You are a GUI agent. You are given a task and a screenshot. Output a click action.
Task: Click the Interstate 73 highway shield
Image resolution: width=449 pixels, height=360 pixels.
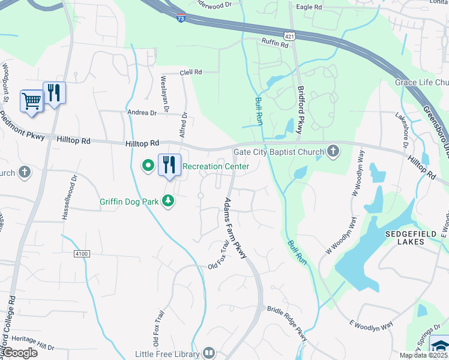pos(181,19)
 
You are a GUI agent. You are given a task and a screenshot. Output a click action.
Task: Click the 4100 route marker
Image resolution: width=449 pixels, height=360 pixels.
pos(82,254)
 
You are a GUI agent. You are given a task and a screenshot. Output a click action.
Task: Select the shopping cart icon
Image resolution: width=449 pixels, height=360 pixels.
pos(31,100)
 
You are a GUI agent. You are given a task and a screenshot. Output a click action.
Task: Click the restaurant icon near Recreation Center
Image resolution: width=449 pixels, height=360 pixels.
pos(169,164)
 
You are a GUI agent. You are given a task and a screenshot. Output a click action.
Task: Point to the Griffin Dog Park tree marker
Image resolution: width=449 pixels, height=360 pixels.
pos(169,201)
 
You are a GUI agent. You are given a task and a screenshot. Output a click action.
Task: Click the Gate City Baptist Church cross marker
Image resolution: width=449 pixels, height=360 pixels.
pos(334,152)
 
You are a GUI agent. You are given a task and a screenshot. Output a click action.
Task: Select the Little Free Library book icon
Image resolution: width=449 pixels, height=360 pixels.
pos(209,353)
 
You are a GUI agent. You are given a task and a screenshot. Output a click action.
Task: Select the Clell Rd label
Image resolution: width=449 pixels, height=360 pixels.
pos(191,72)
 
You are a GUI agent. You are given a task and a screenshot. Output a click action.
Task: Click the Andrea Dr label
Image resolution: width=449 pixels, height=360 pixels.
pos(142,112)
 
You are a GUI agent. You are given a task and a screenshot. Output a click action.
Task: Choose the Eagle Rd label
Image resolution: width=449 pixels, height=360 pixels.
pos(309,7)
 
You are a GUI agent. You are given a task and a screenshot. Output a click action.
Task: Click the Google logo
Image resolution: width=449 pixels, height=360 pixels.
pos(20,353)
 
